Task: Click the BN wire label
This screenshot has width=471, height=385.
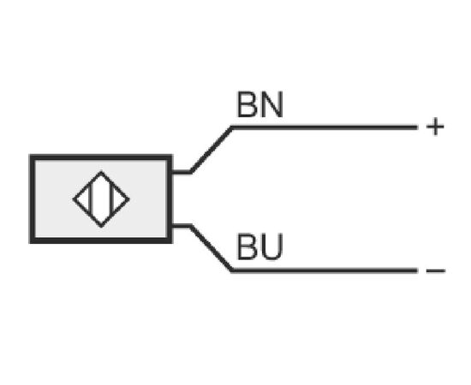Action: [260, 104]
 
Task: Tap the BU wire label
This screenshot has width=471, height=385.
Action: [260, 246]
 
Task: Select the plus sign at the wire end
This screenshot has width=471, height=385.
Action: [435, 127]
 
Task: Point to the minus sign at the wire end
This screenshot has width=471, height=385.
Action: [436, 271]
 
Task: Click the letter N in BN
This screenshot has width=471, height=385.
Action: [271, 104]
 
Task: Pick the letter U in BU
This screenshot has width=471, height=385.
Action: [272, 246]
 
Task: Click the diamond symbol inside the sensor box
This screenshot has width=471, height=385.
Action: [101, 199]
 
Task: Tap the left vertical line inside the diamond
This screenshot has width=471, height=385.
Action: [90, 199]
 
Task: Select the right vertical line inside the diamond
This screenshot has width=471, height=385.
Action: [113, 199]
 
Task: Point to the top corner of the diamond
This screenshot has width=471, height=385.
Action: [101, 172]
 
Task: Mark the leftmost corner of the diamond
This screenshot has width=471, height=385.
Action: [74, 199]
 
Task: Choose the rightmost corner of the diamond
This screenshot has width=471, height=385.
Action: [129, 199]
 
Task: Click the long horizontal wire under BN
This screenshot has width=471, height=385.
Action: [325, 127]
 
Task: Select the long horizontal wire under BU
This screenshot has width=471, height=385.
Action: [325, 270]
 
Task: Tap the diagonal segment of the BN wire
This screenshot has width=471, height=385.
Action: [212, 150]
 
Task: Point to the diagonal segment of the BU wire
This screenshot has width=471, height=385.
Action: [212, 248]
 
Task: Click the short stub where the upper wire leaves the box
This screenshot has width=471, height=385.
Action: [182, 172]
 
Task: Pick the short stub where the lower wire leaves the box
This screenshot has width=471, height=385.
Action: [182, 226]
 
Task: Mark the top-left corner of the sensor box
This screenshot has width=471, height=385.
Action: [30, 155]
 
